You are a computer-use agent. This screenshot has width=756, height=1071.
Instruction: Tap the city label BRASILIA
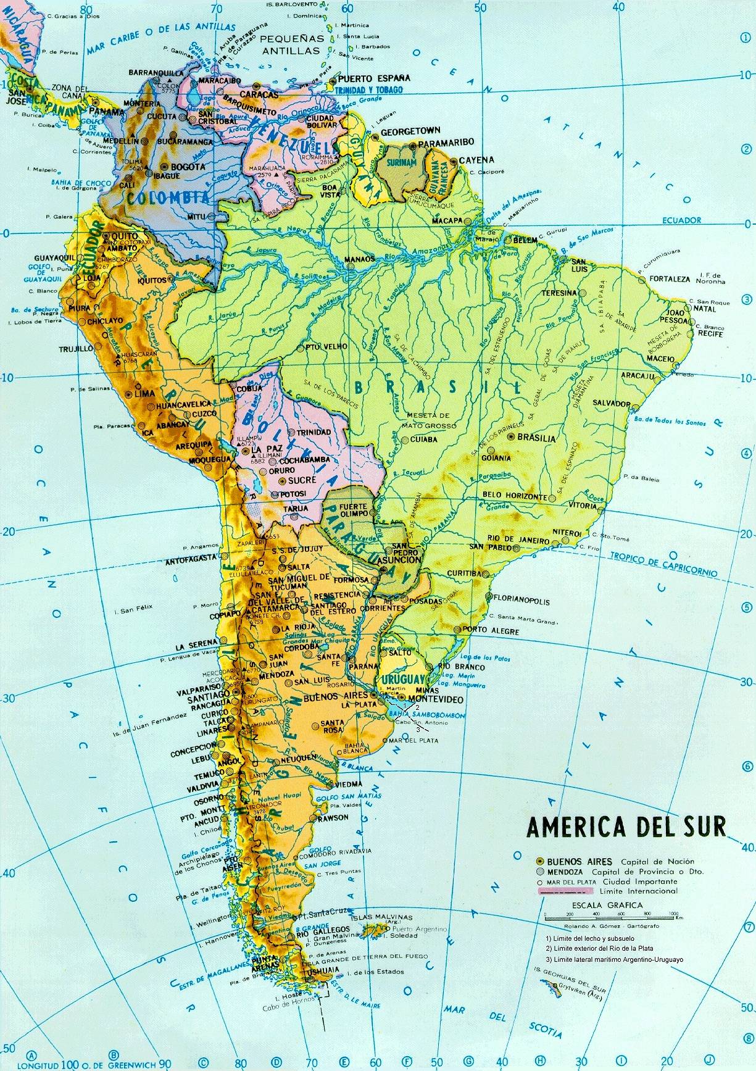(537, 438)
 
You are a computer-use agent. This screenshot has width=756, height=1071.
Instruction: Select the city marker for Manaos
(350, 267)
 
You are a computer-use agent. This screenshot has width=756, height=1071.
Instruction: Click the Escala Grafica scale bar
(611, 915)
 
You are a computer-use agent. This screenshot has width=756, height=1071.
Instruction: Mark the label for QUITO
(120, 236)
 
